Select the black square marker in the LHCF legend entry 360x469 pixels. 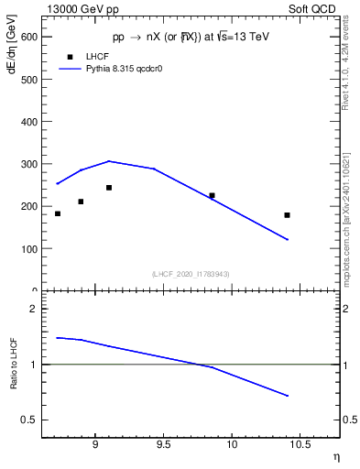coord(69,57)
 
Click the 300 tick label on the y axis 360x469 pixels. coord(30,164)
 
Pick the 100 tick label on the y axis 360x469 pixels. coord(30,248)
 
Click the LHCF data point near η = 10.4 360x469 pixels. coord(287,215)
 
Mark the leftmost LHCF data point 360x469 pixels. coord(58,213)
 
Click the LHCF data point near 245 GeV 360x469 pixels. coord(109,188)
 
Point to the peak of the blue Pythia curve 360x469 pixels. coord(109,161)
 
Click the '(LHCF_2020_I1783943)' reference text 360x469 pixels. coord(190,274)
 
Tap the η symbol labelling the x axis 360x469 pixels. coord(334,456)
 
